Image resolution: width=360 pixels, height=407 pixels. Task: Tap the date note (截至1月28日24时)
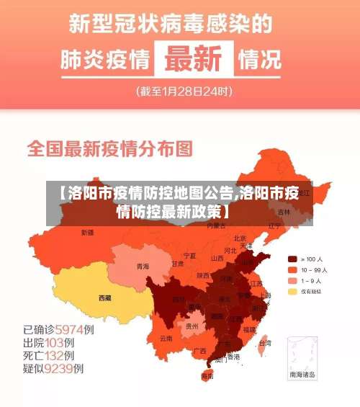(x=184, y=91)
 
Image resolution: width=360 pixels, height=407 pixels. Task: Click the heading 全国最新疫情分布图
(x=110, y=149)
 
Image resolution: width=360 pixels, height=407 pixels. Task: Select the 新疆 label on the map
(x=87, y=233)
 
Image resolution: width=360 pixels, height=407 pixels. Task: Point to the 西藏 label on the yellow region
(x=105, y=298)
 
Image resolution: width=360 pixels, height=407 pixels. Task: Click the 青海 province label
(x=143, y=267)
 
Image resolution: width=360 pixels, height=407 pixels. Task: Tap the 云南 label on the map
(x=166, y=337)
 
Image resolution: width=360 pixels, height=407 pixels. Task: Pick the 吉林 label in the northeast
(x=284, y=213)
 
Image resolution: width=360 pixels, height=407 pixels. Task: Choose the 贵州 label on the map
(x=192, y=326)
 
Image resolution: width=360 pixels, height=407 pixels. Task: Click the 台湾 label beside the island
(x=265, y=343)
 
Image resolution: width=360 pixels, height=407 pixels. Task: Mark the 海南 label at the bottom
(x=207, y=375)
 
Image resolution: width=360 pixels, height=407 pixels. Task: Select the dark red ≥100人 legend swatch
(x=292, y=259)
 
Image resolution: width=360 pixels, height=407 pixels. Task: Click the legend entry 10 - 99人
(x=314, y=269)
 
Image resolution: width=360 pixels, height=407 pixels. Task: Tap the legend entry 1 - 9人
(x=312, y=280)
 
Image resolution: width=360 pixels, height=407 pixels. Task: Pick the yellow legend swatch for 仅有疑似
(x=292, y=292)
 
